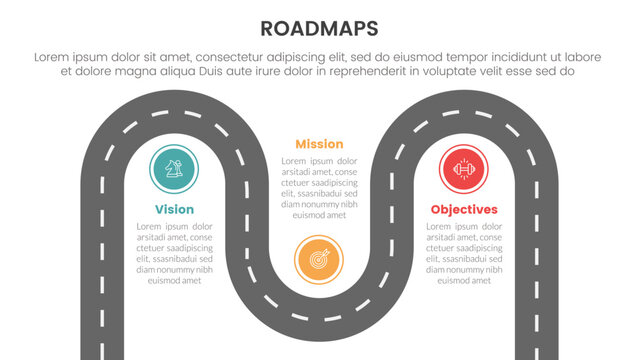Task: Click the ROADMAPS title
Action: [319, 28]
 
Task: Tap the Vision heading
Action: [174, 209]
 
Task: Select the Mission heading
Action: [319, 144]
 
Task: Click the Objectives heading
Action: [464, 209]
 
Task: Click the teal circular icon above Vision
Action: [174, 168]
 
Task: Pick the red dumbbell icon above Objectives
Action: [464, 168]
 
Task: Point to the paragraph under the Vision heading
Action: [174, 254]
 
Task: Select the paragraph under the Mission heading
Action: [319, 188]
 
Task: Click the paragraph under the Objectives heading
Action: [464, 254]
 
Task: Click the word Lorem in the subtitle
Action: [53, 58]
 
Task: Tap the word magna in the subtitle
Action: [116, 72]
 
